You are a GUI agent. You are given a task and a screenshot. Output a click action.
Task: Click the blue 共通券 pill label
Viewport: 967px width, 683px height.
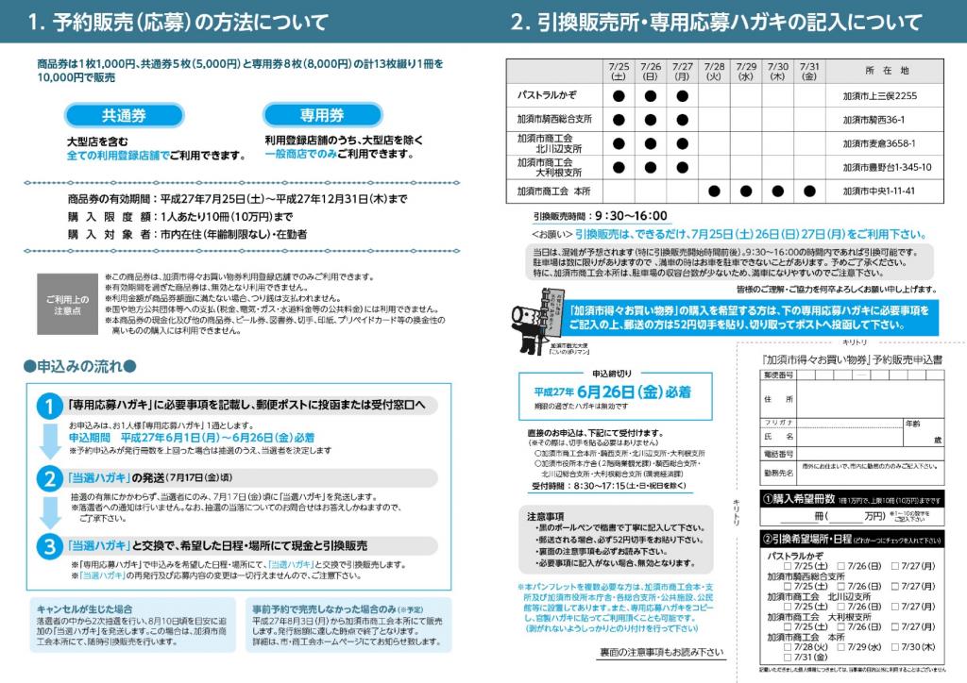coord(125,115)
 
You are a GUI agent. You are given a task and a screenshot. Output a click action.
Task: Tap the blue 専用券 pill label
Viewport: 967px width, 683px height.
coord(322,115)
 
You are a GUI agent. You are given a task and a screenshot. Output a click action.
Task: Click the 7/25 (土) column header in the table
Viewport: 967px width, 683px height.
coord(619,72)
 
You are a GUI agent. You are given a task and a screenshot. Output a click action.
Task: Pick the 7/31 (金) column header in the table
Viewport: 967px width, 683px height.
coord(809,72)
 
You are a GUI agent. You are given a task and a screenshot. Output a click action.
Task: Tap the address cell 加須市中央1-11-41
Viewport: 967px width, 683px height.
coord(879,191)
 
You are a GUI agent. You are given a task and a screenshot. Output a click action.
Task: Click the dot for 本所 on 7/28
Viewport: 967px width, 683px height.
coord(714,191)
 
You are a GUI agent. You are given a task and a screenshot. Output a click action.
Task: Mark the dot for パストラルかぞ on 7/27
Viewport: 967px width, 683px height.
coord(683,95)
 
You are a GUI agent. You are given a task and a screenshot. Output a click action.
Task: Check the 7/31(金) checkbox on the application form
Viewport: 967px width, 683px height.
coord(789,658)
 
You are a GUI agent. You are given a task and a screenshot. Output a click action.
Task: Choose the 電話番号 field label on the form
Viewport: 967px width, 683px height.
coord(778,454)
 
